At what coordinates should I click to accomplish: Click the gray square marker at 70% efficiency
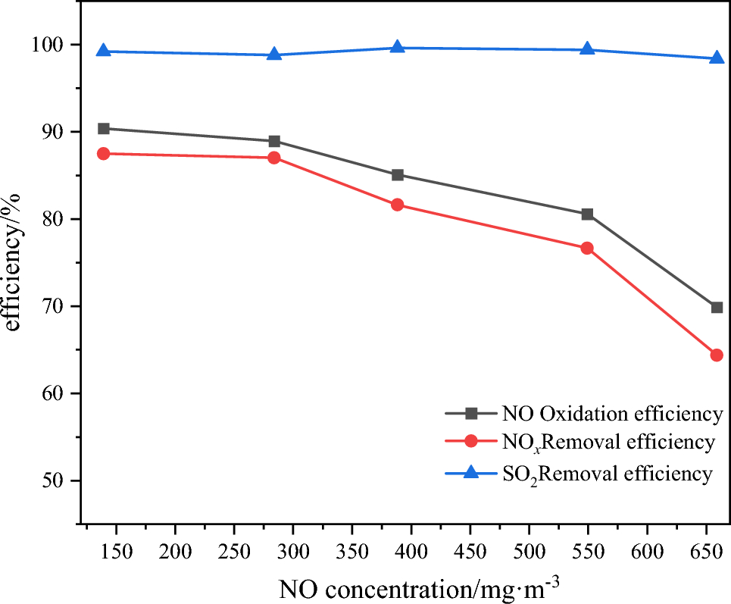[717, 307]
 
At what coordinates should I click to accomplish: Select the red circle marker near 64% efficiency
[717, 355]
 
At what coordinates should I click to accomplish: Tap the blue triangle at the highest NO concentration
[717, 58]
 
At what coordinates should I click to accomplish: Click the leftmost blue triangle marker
[104, 51]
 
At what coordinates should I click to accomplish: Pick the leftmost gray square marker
[104, 129]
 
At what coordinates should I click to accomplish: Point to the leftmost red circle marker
[104, 154]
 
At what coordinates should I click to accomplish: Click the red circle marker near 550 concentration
[587, 248]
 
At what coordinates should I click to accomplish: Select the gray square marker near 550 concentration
[587, 214]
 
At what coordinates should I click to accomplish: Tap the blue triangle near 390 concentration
[397, 47]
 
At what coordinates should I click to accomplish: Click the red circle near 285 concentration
[274, 158]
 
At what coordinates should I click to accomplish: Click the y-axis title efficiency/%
[15, 262]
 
